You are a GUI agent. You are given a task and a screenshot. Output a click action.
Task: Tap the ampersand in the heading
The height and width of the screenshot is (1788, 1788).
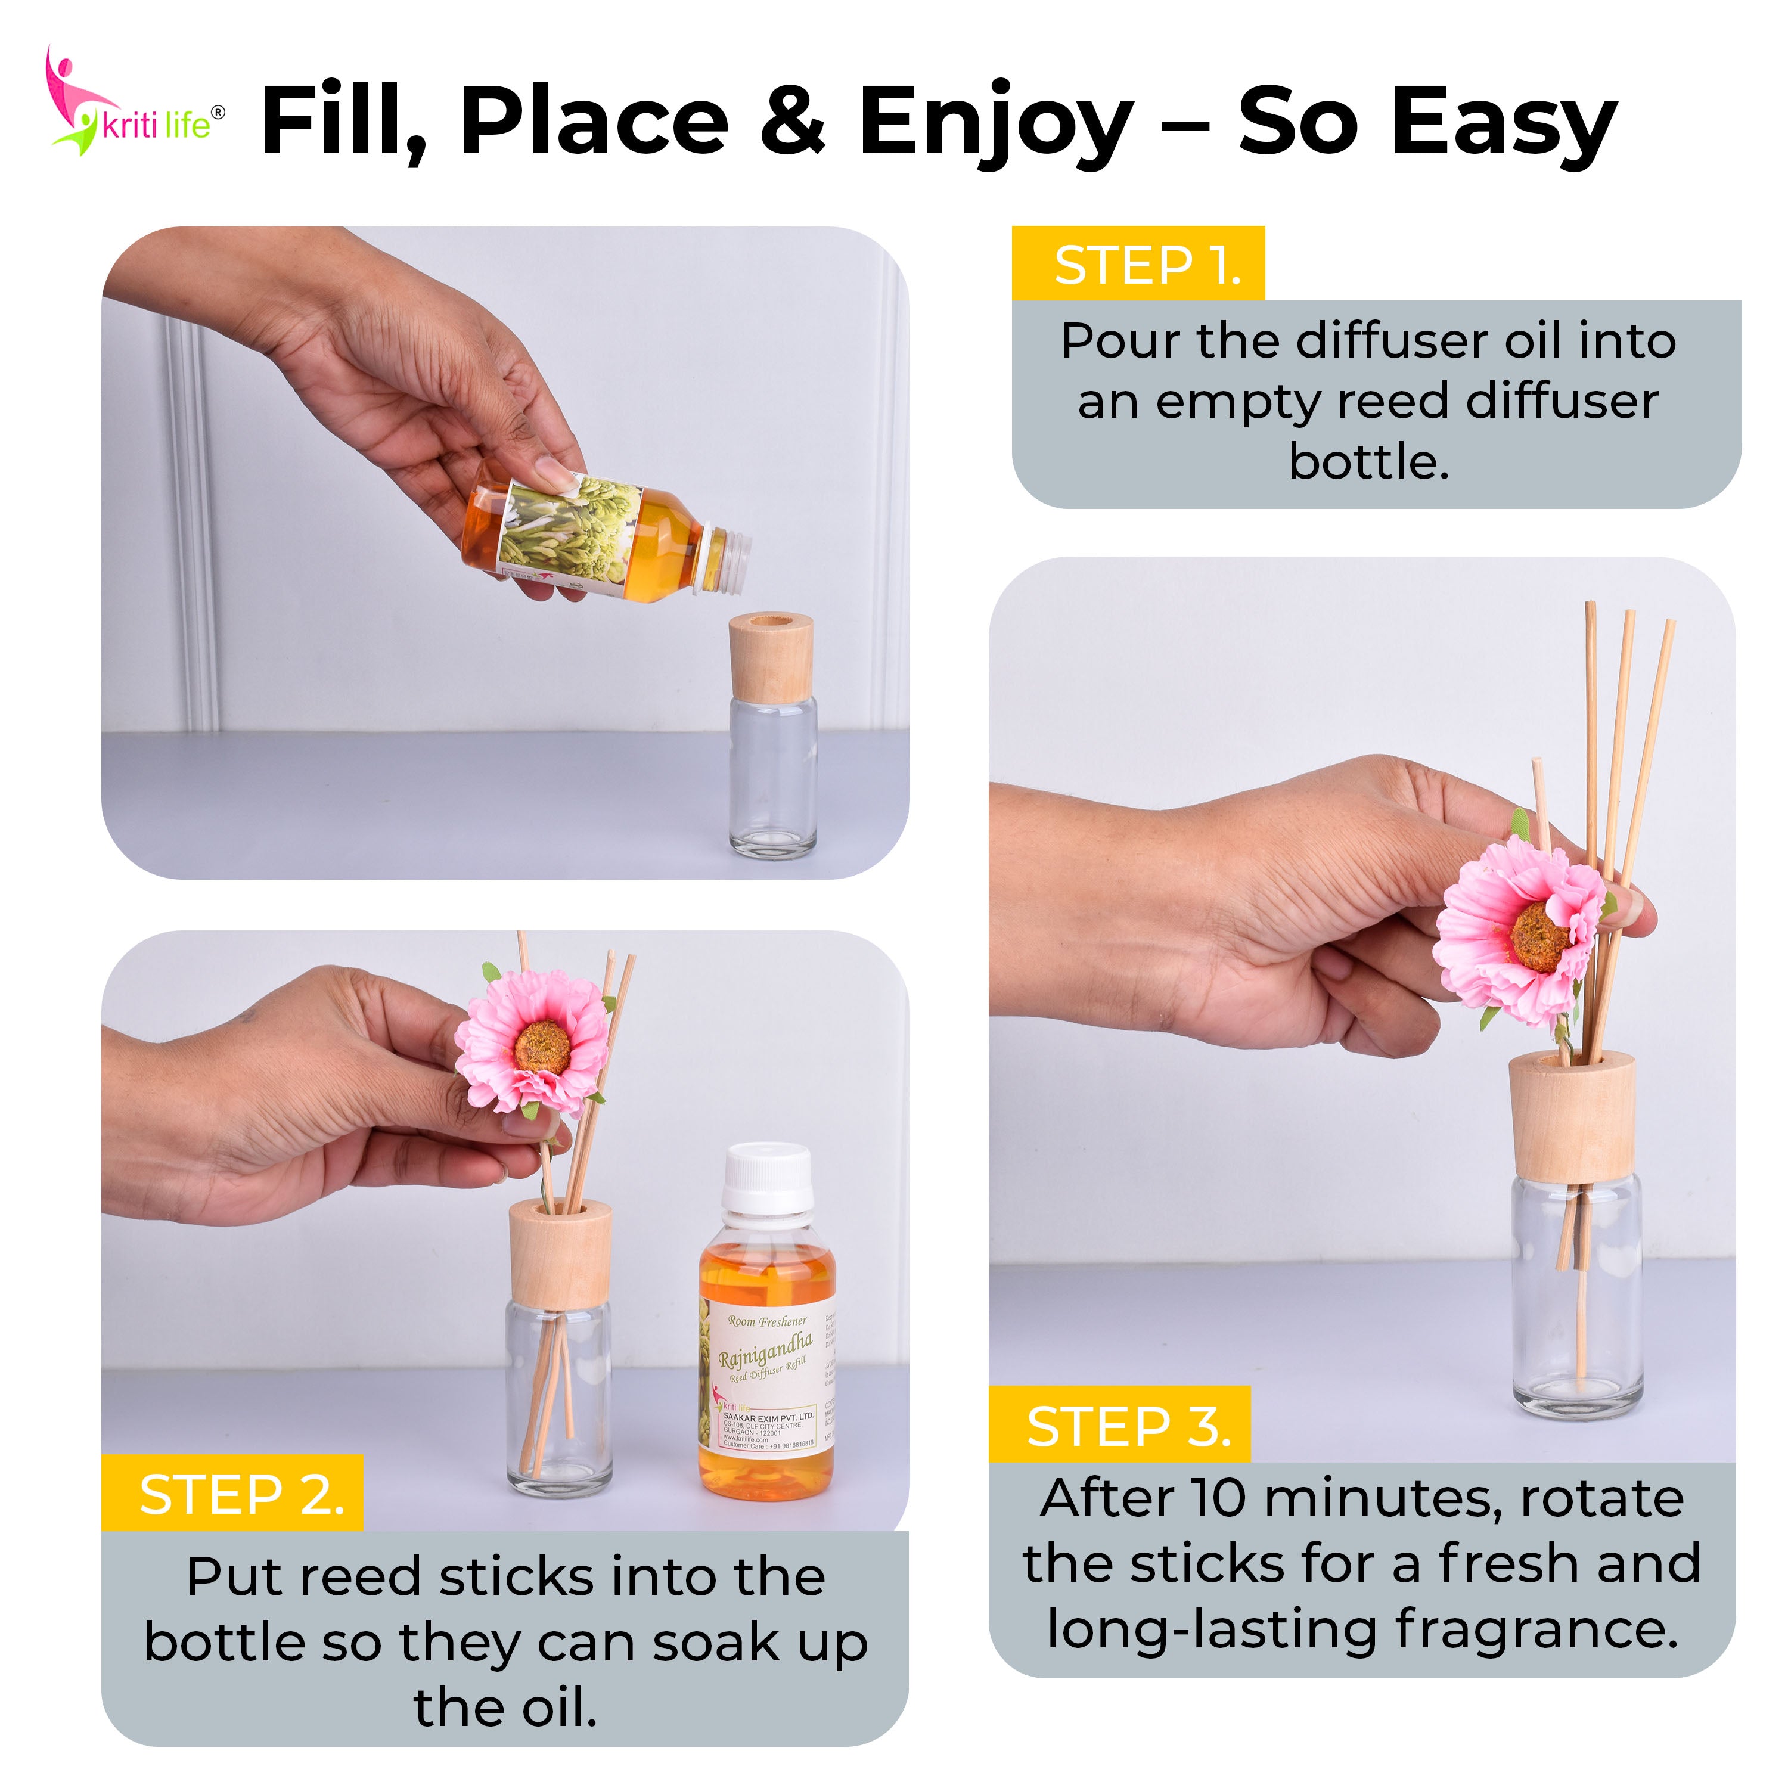pyautogui.click(x=791, y=120)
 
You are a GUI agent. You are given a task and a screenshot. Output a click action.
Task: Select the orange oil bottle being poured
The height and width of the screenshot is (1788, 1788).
pyautogui.click(x=592, y=537)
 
